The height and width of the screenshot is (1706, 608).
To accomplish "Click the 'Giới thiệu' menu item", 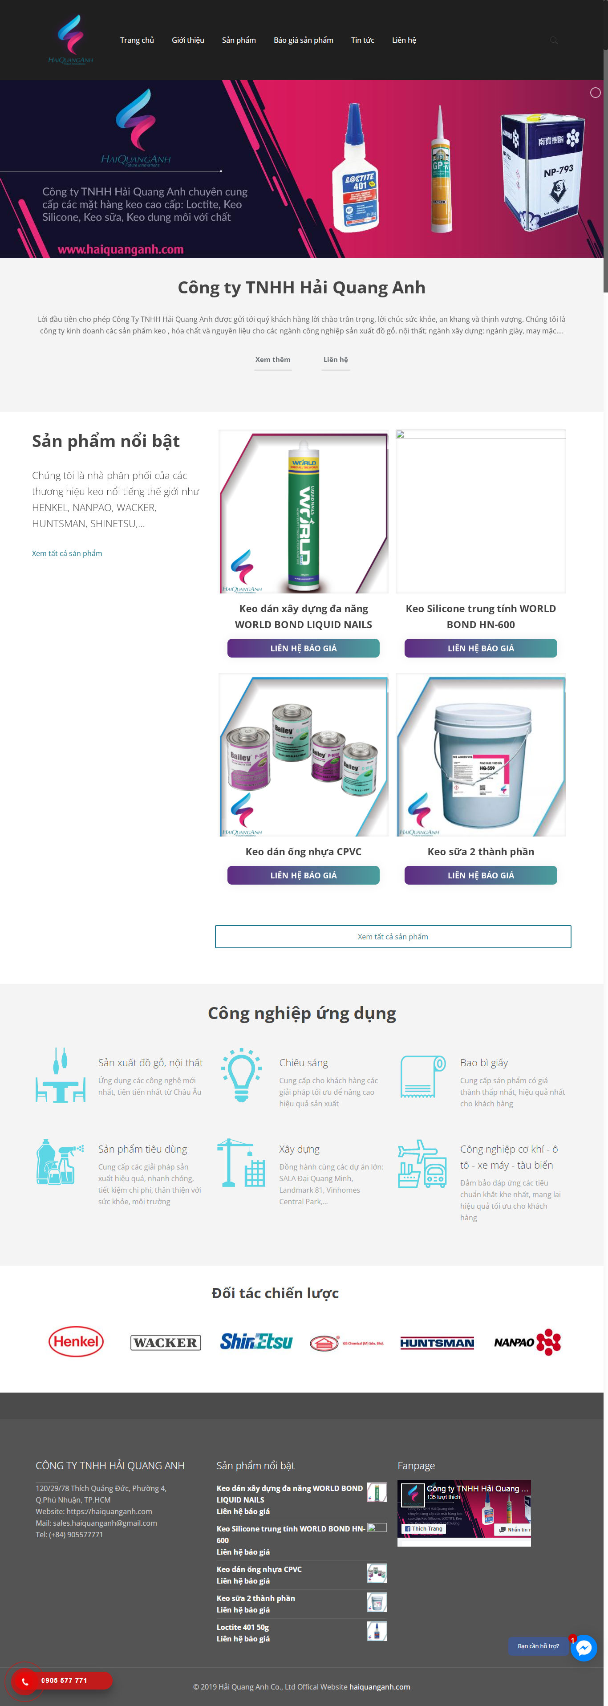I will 187,41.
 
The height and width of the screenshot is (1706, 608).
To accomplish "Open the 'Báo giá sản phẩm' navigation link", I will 304,41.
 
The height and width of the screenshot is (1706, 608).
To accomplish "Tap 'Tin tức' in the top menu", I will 362,41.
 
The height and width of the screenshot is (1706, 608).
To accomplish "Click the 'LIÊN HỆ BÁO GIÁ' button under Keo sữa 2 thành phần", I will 480,875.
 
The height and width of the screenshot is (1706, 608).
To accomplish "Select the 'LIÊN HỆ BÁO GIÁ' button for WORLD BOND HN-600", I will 480,648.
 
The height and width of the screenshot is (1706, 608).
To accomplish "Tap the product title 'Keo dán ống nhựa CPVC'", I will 304,852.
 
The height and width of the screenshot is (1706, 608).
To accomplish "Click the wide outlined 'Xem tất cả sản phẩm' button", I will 393,936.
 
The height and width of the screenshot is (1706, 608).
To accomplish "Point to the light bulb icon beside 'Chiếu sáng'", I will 242,1075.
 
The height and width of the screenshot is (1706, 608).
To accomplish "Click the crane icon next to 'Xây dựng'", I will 241,1162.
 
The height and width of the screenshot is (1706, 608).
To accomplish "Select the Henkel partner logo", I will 76,1342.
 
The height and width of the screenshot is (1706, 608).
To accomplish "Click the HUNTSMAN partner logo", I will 437,1343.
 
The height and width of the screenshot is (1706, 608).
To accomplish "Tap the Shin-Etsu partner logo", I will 256,1342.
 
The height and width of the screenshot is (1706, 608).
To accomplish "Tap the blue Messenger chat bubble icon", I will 584,1647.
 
